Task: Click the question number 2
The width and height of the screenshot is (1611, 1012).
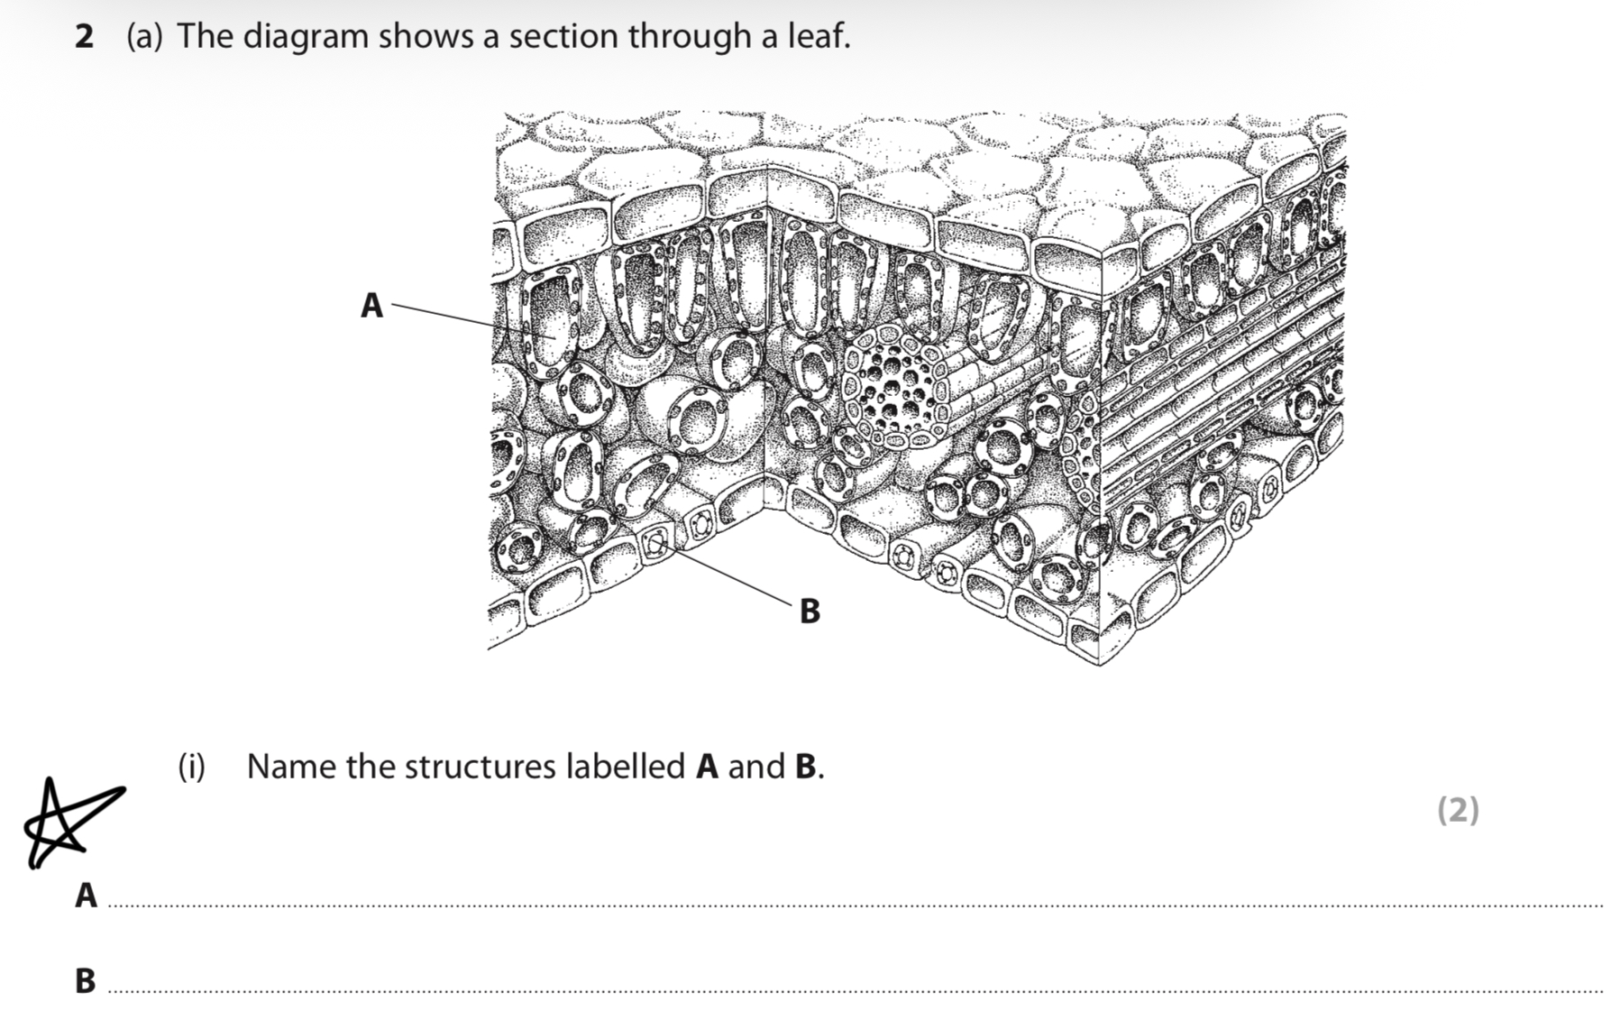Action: (84, 37)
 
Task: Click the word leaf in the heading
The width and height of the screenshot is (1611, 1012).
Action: (819, 36)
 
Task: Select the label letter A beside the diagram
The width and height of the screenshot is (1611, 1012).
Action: (371, 306)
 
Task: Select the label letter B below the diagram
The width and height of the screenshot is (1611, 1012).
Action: (810, 611)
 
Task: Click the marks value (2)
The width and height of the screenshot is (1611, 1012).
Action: (1457, 809)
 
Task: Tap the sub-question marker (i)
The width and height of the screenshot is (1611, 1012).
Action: (191, 767)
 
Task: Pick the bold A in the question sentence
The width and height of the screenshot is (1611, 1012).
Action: (707, 767)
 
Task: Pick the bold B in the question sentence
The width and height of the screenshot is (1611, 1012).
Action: (805, 767)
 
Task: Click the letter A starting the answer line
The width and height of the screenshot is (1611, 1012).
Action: (86, 896)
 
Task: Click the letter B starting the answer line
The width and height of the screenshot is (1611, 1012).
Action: (86, 980)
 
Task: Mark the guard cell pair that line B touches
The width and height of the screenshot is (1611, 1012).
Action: (656, 543)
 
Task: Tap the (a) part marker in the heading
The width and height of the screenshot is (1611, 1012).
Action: (144, 37)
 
